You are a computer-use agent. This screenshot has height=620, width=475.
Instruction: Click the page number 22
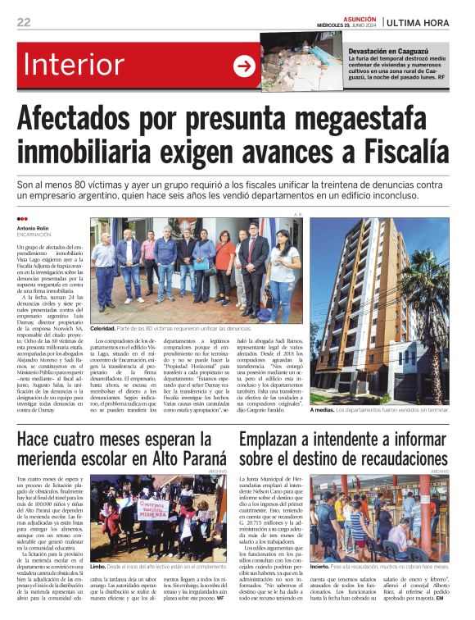click(x=24, y=22)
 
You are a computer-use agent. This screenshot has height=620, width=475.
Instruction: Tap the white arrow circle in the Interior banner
click(x=244, y=66)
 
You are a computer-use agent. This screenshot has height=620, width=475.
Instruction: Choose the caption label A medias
click(x=323, y=410)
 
